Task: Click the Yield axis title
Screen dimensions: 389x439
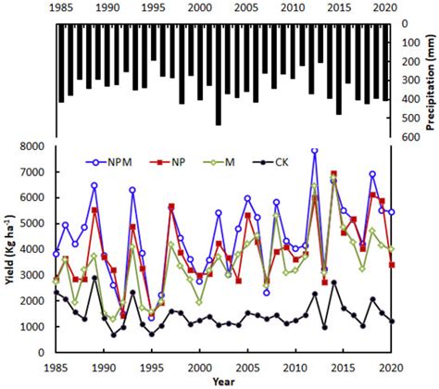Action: [10, 248]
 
